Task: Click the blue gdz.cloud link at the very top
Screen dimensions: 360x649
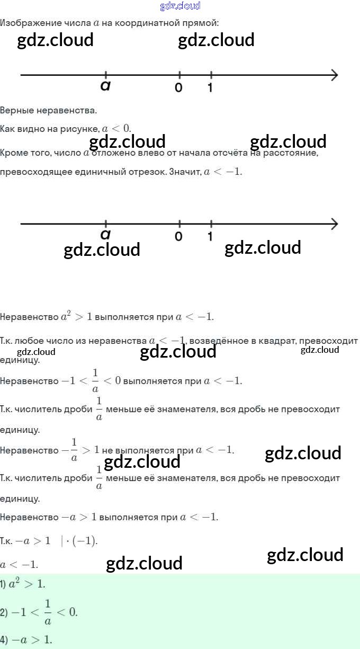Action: tap(180, 6)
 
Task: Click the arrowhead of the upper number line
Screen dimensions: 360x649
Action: tap(334, 75)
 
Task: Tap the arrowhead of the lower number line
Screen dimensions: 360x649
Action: tap(334, 224)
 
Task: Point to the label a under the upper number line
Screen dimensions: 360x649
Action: tap(105, 86)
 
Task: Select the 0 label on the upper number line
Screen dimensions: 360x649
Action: tap(179, 87)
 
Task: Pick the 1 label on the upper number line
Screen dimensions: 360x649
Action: tap(210, 87)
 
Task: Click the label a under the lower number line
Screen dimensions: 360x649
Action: tap(105, 234)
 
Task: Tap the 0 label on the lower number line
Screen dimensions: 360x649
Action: tap(179, 236)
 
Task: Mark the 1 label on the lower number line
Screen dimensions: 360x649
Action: tap(210, 236)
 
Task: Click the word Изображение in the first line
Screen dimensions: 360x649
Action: tap(24, 23)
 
